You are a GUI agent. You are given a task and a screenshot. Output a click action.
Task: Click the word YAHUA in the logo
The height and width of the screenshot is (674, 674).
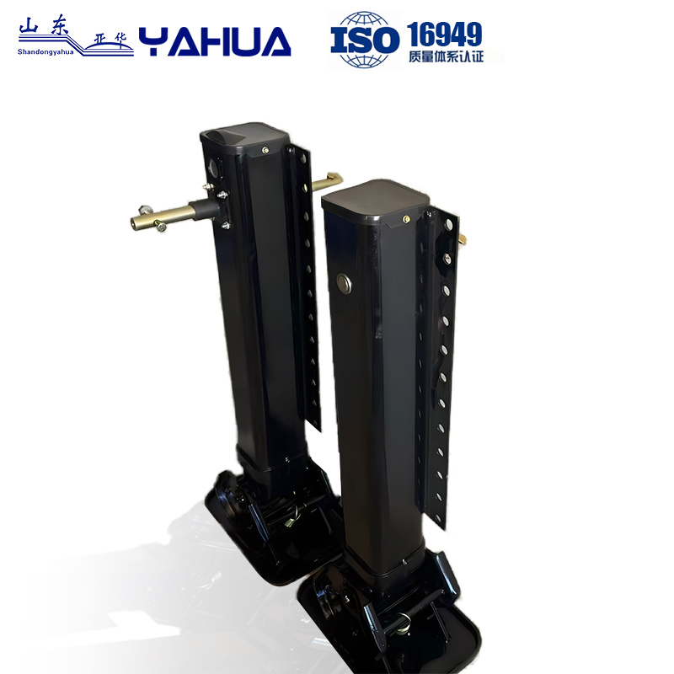(x=215, y=40)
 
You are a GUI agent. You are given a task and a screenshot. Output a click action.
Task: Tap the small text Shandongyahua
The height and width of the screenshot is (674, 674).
(x=46, y=51)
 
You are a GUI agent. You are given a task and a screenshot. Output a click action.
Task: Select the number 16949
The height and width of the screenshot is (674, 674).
(x=444, y=34)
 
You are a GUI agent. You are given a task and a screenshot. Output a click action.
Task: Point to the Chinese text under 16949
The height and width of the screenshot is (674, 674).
(x=444, y=57)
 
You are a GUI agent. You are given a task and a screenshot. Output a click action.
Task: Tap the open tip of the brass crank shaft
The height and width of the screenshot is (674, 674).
(x=136, y=223)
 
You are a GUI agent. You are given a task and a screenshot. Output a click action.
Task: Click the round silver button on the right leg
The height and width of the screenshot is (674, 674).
(x=343, y=281)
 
